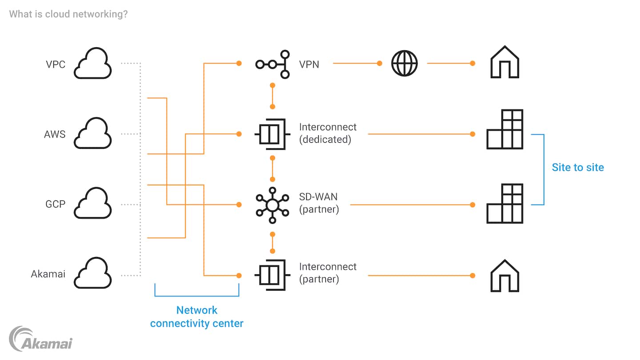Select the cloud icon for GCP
coord(92,204)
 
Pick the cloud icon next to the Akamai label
coord(92,273)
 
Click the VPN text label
coord(309,64)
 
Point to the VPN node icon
coord(272,64)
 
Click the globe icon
coord(404,63)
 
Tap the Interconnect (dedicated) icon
coord(272,134)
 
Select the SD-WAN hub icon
coord(272,204)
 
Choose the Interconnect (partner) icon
coord(272,275)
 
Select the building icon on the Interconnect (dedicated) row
coord(505,129)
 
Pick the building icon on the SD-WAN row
coord(505,204)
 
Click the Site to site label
coord(578,168)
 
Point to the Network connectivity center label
coord(197,317)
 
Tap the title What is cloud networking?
coord(68,14)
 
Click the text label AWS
coord(55,134)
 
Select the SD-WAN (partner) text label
coord(319,203)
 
